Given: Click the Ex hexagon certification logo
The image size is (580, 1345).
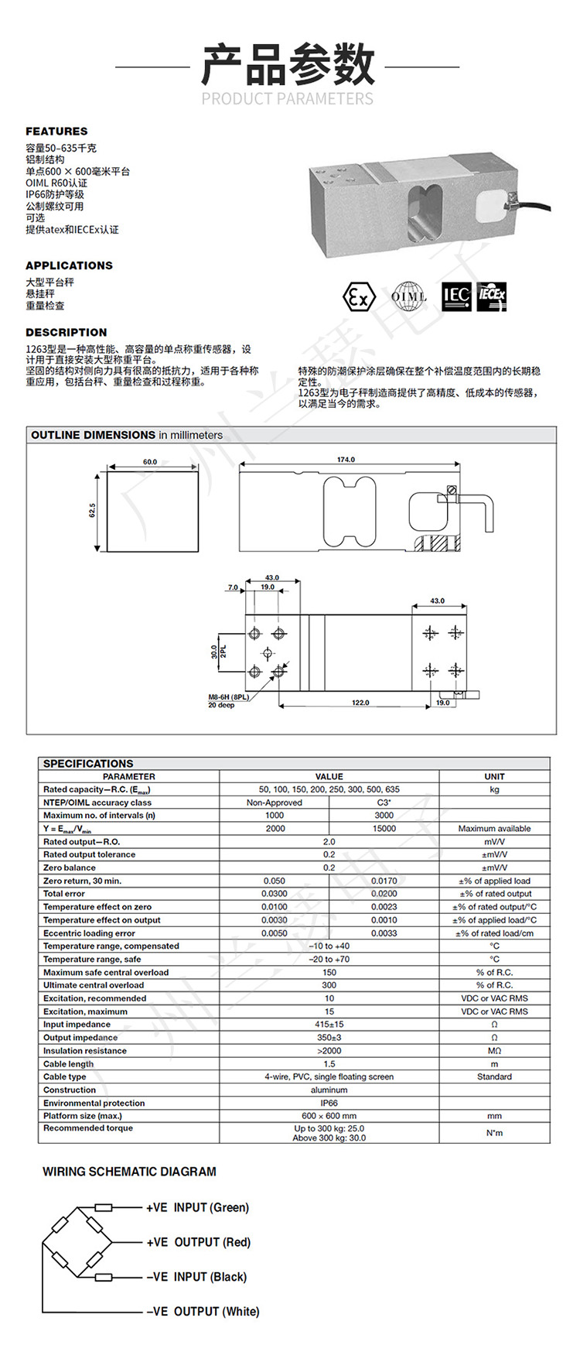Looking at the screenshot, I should click(359, 296).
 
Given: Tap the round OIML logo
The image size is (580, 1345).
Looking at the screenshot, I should click(408, 296).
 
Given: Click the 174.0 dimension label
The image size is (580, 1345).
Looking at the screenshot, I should click(346, 460).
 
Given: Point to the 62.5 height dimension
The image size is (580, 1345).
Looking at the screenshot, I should click(93, 511).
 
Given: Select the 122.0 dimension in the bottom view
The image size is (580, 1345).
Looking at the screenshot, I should click(360, 703).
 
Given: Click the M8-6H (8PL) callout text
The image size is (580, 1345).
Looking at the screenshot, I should click(229, 696).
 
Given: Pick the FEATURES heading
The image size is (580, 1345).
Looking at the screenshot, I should click(56, 132).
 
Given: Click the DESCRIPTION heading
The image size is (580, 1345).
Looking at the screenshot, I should click(67, 332).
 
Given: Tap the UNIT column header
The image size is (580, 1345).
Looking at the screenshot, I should click(494, 776).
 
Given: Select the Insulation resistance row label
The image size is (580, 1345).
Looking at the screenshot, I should click(85, 1051).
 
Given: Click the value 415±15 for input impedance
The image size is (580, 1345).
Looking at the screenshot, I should click(329, 1025).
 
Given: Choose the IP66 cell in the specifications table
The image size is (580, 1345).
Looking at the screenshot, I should click(329, 1103).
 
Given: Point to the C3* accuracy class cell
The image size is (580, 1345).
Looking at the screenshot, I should click(384, 803).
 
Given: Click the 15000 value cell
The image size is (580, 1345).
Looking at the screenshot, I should click(384, 829).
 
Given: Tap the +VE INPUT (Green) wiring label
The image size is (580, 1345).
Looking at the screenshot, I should click(198, 1207).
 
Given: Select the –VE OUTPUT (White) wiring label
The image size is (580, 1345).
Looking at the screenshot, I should click(203, 1312).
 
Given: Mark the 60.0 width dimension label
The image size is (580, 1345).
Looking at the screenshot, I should click(150, 462).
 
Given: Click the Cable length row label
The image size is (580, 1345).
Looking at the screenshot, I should click(69, 1064).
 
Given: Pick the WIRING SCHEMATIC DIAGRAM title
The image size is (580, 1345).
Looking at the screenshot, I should click(129, 1172).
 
